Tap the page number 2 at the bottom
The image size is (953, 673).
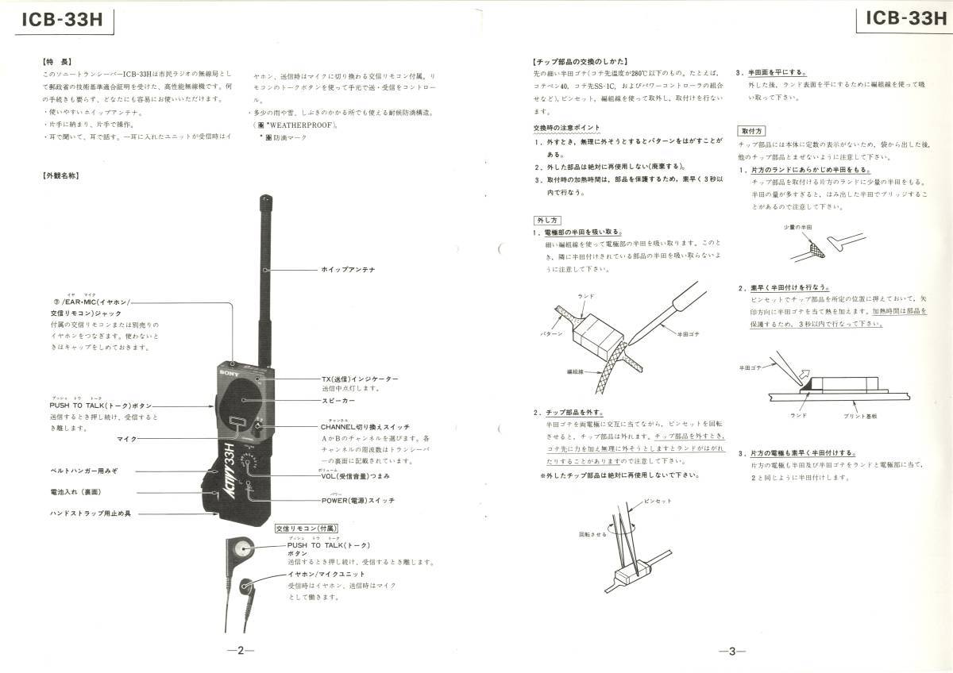[x=240, y=651]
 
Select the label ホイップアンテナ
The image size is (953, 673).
[x=348, y=270]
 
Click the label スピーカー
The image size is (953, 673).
[x=338, y=401]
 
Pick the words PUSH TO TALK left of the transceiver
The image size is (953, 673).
[x=75, y=406]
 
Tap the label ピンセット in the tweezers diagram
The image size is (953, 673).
[x=658, y=501]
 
